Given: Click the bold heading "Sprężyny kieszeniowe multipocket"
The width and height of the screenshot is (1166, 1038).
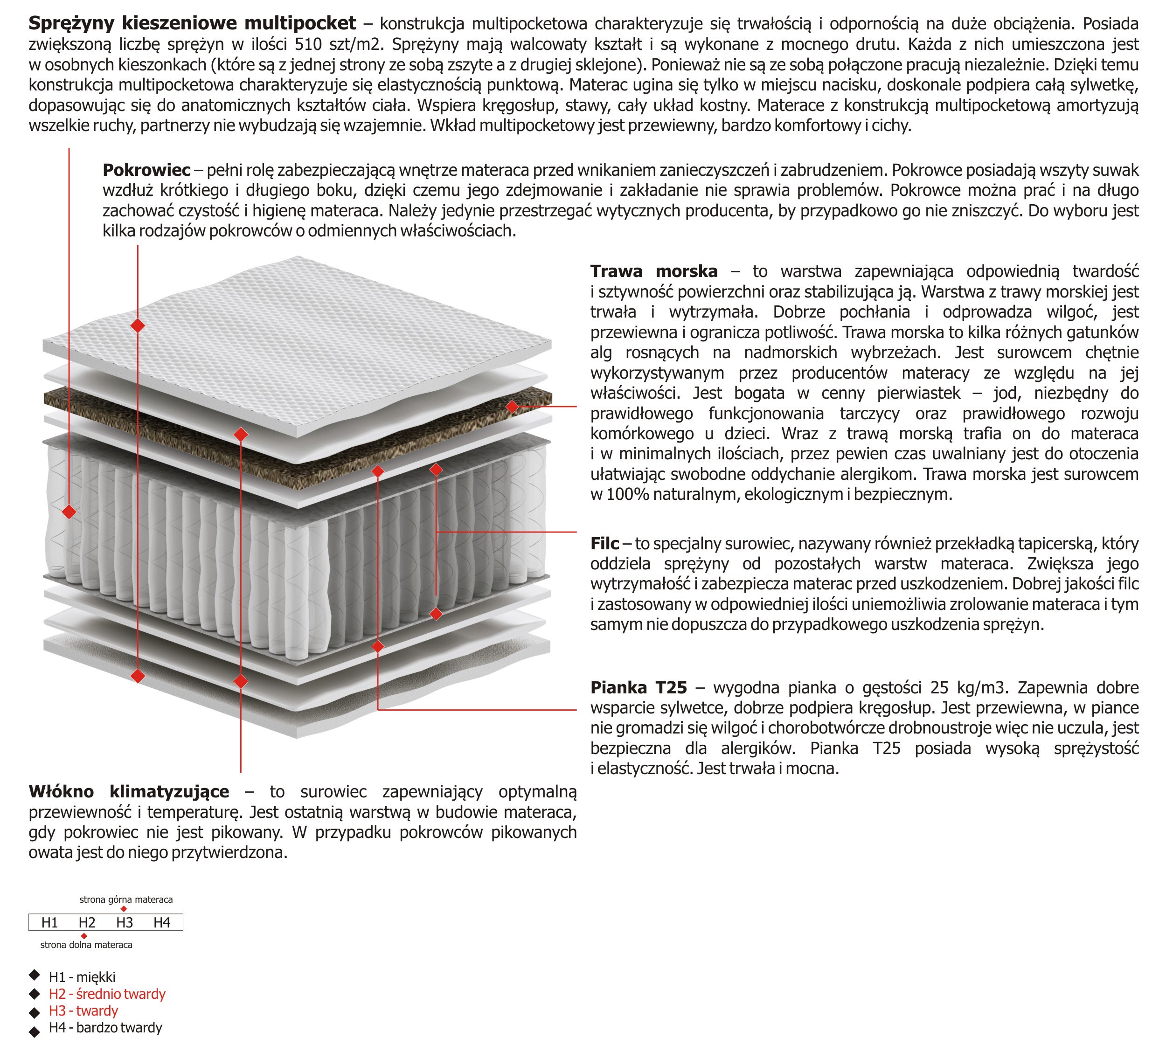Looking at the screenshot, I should pyautogui.click(x=192, y=23).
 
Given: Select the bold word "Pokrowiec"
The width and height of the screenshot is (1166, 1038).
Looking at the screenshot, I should pyautogui.click(x=146, y=170).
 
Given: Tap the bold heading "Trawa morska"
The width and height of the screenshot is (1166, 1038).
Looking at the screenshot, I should pyautogui.click(x=654, y=271).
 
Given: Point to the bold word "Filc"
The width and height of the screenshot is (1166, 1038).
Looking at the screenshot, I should pyautogui.click(x=604, y=544).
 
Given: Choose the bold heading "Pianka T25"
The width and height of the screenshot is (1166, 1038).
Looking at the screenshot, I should pyautogui.click(x=639, y=687).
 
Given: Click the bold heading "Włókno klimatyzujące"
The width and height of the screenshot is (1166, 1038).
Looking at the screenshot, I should pyautogui.click(x=129, y=792).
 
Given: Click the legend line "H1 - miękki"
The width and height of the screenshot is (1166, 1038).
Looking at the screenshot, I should pyautogui.click(x=82, y=977).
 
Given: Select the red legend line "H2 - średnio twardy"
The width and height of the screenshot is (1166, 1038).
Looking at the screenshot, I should pyautogui.click(x=107, y=994).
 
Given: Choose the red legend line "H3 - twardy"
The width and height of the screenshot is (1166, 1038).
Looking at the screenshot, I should pyautogui.click(x=83, y=1011).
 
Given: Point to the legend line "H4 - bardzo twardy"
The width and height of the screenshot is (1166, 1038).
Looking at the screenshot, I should pyautogui.click(x=105, y=1028).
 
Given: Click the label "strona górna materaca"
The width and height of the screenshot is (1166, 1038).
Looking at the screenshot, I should pyautogui.click(x=126, y=900).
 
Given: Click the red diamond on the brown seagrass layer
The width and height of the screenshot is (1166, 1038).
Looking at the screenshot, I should pyautogui.click(x=512, y=407).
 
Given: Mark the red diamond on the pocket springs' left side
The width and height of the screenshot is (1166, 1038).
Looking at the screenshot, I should pyautogui.click(x=69, y=512).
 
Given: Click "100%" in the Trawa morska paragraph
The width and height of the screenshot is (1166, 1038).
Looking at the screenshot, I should pyautogui.click(x=627, y=494).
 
